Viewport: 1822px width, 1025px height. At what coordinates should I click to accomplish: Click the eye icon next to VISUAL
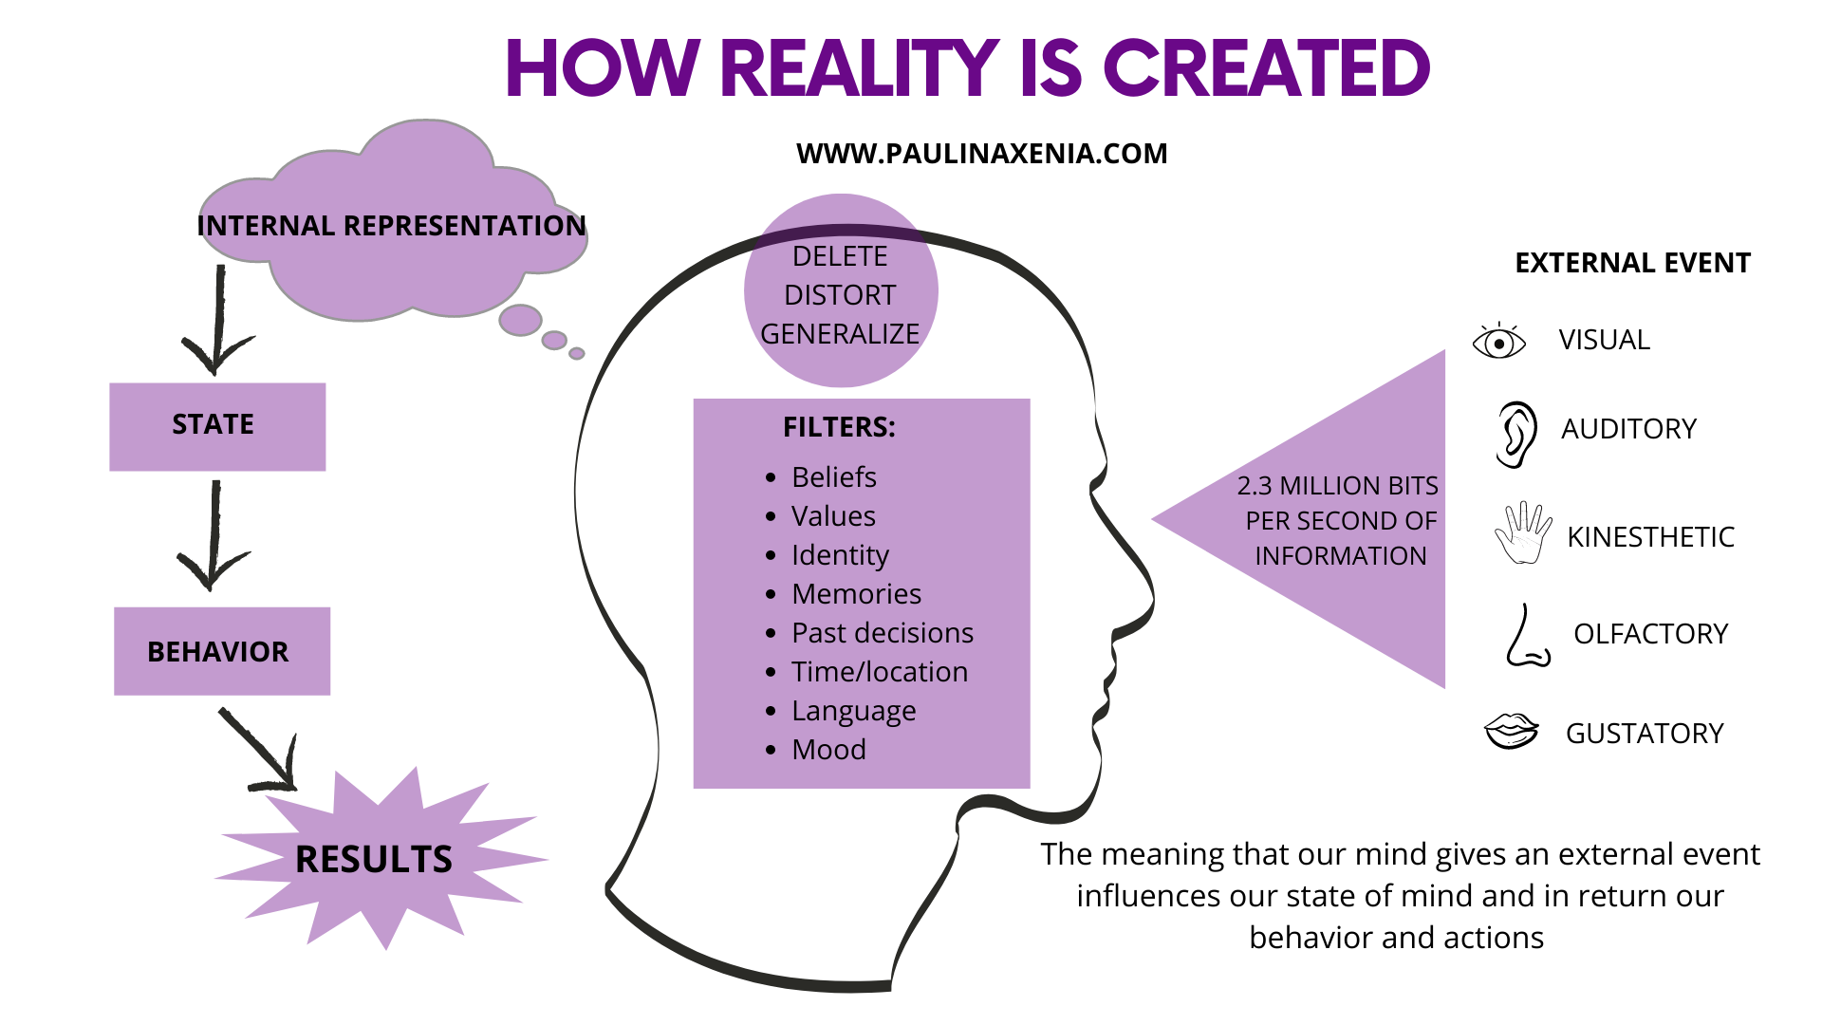pos(1498,341)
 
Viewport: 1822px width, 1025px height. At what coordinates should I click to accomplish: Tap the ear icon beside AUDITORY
pos(1515,434)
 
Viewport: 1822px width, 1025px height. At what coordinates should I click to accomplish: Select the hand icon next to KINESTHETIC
pos(1523,533)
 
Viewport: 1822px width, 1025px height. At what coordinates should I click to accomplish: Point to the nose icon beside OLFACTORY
pos(1527,637)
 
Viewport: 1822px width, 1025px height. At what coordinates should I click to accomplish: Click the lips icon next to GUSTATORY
pos(1511,732)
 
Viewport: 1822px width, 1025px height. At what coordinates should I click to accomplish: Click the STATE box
pos(217,426)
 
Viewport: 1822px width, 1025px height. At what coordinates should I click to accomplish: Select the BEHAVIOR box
pos(222,651)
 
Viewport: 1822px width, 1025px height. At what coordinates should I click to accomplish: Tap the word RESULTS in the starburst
pos(374,860)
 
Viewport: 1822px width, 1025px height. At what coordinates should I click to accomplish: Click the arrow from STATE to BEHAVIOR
pos(214,536)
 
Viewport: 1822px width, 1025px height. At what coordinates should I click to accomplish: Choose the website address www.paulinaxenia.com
pos(981,154)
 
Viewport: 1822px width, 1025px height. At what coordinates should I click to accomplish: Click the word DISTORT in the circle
pos(840,295)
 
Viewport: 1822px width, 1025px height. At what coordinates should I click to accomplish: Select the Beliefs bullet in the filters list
pos(833,476)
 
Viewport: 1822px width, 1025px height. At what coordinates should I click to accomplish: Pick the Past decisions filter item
pos(882,632)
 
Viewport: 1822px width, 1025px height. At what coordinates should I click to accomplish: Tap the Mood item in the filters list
pos(828,749)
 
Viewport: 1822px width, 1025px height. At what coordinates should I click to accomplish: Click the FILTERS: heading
pos(839,427)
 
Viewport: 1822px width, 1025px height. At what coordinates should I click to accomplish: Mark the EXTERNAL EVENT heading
pos(1632,263)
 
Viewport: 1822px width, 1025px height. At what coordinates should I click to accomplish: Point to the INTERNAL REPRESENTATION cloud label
pos(391,226)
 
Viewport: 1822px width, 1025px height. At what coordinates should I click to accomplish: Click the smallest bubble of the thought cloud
pos(576,354)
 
